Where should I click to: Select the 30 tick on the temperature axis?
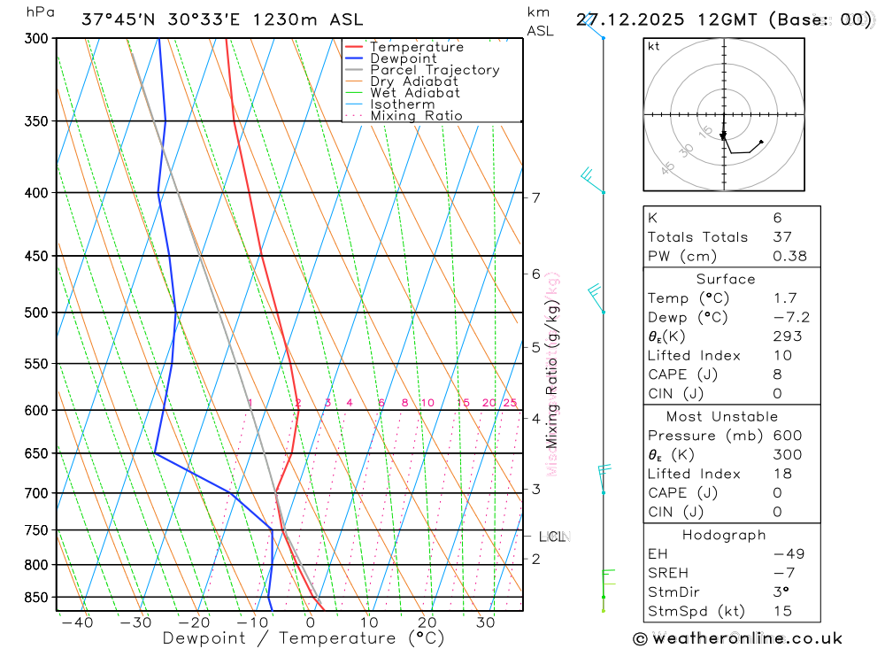click(x=485, y=622)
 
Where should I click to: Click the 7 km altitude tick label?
click(x=536, y=197)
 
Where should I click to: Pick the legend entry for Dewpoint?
click(x=404, y=58)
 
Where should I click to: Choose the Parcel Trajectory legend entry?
click(x=435, y=70)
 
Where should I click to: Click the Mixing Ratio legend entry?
click(x=416, y=116)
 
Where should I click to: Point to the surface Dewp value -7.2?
click(x=790, y=318)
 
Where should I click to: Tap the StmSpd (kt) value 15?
click(x=782, y=611)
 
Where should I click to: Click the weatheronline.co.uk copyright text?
click(x=737, y=638)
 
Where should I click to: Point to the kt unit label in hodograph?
click(x=654, y=47)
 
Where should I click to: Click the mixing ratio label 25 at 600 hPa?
click(x=510, y=403)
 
